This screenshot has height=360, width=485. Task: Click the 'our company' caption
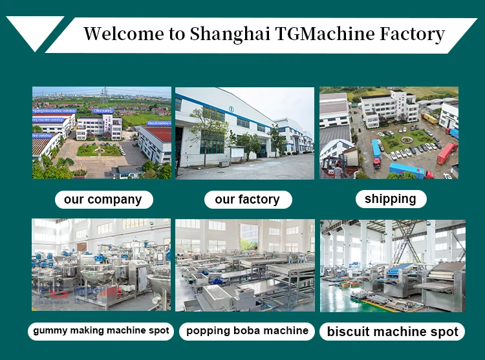point(103,200)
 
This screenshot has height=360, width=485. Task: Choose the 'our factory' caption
point(247,200)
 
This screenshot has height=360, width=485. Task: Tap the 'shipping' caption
point(390,199)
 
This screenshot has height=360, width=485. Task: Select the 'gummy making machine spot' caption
point(101,331)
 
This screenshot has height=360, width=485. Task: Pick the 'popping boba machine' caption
point(247,331)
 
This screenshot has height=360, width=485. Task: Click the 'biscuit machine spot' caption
point(393,332)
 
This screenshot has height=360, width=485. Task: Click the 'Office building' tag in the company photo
point(103,111)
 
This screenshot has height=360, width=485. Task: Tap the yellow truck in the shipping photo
point(429,119)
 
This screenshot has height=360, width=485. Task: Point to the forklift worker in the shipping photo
point(337,170)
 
